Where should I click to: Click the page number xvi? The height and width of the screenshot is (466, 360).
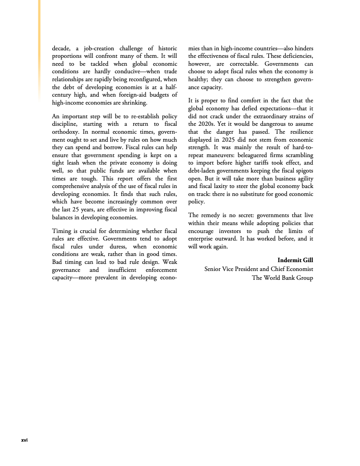[x=25, y=440]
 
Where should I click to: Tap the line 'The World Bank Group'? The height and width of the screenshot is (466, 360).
[x=282, y=278]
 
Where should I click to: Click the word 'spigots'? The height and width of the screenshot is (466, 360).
[x=302, y=170]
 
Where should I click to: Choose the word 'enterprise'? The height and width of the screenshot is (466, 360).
[x=204, y=238]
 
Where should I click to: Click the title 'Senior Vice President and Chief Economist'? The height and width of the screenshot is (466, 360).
[x=259, y=269]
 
